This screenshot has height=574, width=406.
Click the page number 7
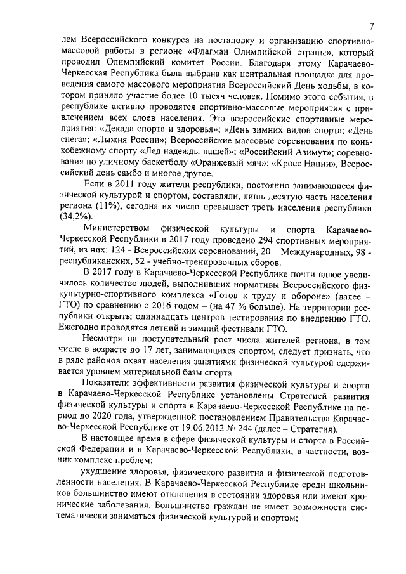coord(372,26)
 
